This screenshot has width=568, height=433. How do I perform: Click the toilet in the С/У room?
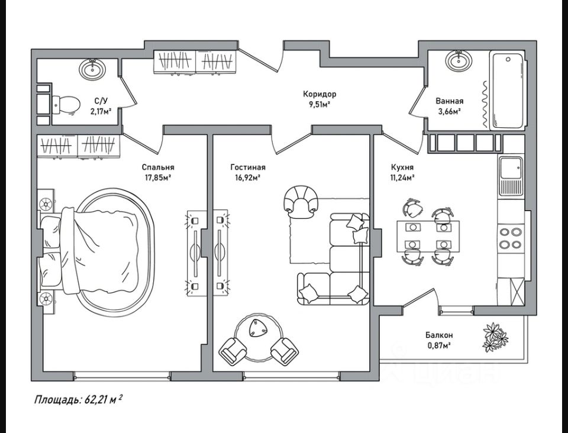click(x=66, y=105)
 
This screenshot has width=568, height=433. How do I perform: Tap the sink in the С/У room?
click(x=92, y=70)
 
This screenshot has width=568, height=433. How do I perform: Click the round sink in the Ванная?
click(x=457, y=60)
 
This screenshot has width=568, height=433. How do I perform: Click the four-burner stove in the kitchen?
click(x=511, y=238)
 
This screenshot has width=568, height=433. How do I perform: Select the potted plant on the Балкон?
click(x=495, y=337)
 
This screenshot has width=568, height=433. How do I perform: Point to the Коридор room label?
click(x=319, y=94)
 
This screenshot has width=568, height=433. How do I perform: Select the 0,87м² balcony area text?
click(x=438, y=345)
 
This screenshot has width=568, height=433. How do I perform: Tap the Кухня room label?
click(x=402, y=167)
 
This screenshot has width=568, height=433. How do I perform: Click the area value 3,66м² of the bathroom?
click(x=449, y=111)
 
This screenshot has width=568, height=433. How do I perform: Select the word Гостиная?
click(x=248, y=167)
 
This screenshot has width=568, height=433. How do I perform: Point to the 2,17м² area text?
click(x=101, y=111)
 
